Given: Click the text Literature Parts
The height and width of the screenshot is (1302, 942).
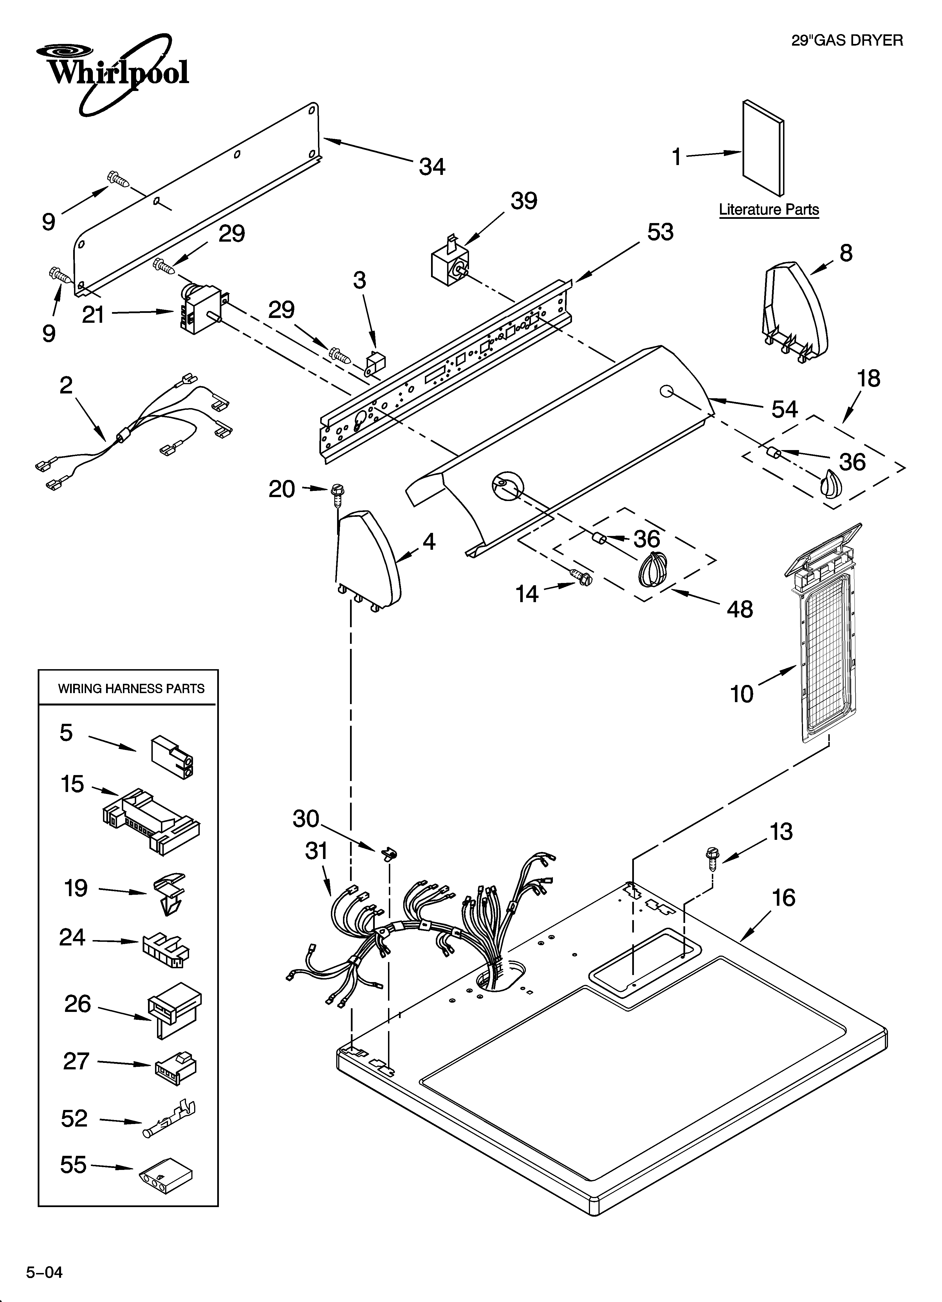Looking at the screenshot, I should click(x=769, y=210).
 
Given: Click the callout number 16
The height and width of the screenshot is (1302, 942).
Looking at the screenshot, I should click(x=783, y=898).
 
